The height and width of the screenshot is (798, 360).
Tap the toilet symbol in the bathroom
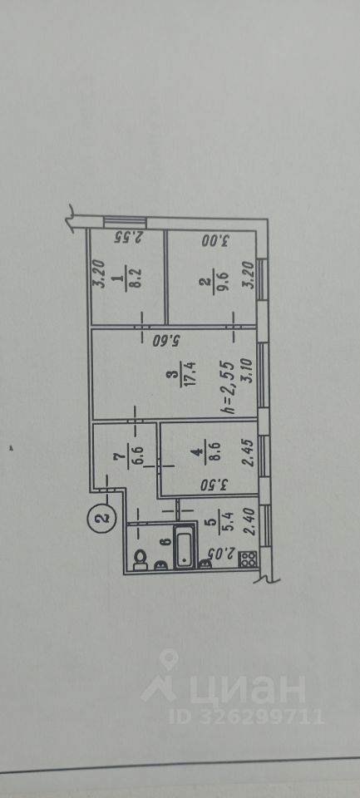tap(140, 560)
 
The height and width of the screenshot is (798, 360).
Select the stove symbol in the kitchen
tap(248, 560)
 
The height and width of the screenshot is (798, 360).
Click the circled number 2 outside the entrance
tap(103, 519)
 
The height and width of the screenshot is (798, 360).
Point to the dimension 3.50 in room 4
tap(214, 483)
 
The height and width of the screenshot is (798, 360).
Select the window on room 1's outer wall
tap(125, 223)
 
